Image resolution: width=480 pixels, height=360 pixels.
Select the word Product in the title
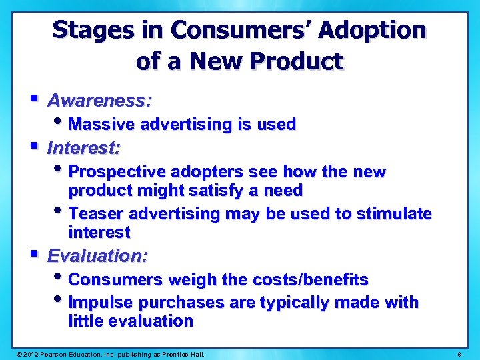tap(298, 62)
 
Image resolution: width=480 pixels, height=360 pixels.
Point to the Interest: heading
tap(84, 147)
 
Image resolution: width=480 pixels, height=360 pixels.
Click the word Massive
tap(102, 125)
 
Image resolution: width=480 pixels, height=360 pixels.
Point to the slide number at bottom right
tap(461, 353)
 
